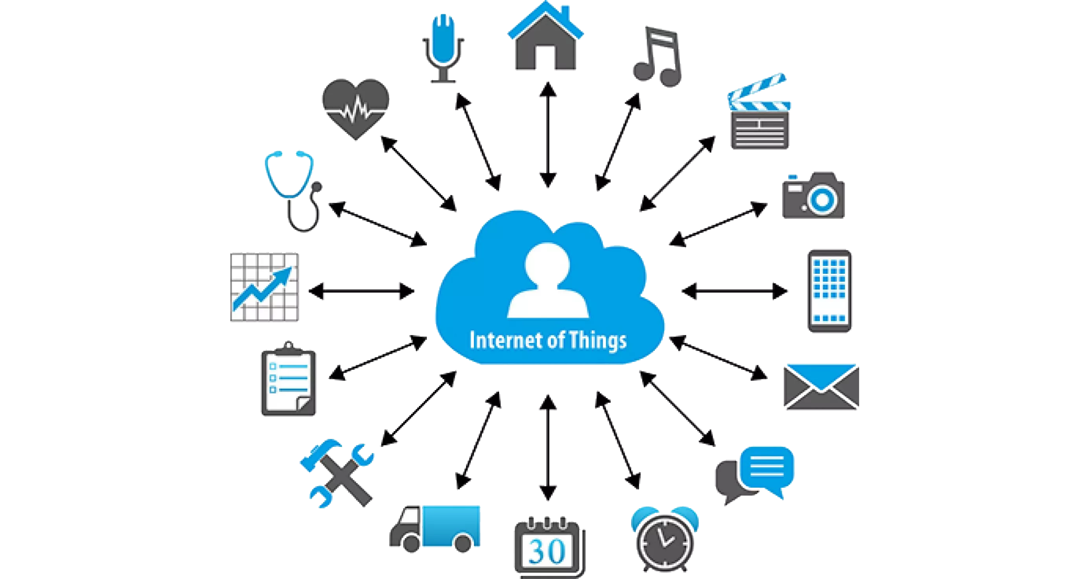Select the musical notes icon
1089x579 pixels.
click(x=657, y=57)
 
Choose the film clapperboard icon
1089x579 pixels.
click(x=760, y=116)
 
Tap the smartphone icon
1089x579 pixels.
click(x=829, y=291)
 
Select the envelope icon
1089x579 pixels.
click(x=821, y=387)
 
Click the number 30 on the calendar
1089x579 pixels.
click(x=547, y=552)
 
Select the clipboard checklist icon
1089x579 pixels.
click(x=288, y=379)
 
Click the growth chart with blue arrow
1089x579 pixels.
click(x=264, y=287)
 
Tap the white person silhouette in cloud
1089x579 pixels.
click(x=548, y=281)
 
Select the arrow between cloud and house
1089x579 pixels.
click(x=548, y=135)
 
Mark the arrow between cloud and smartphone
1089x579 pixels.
click(x=735, y=291)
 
